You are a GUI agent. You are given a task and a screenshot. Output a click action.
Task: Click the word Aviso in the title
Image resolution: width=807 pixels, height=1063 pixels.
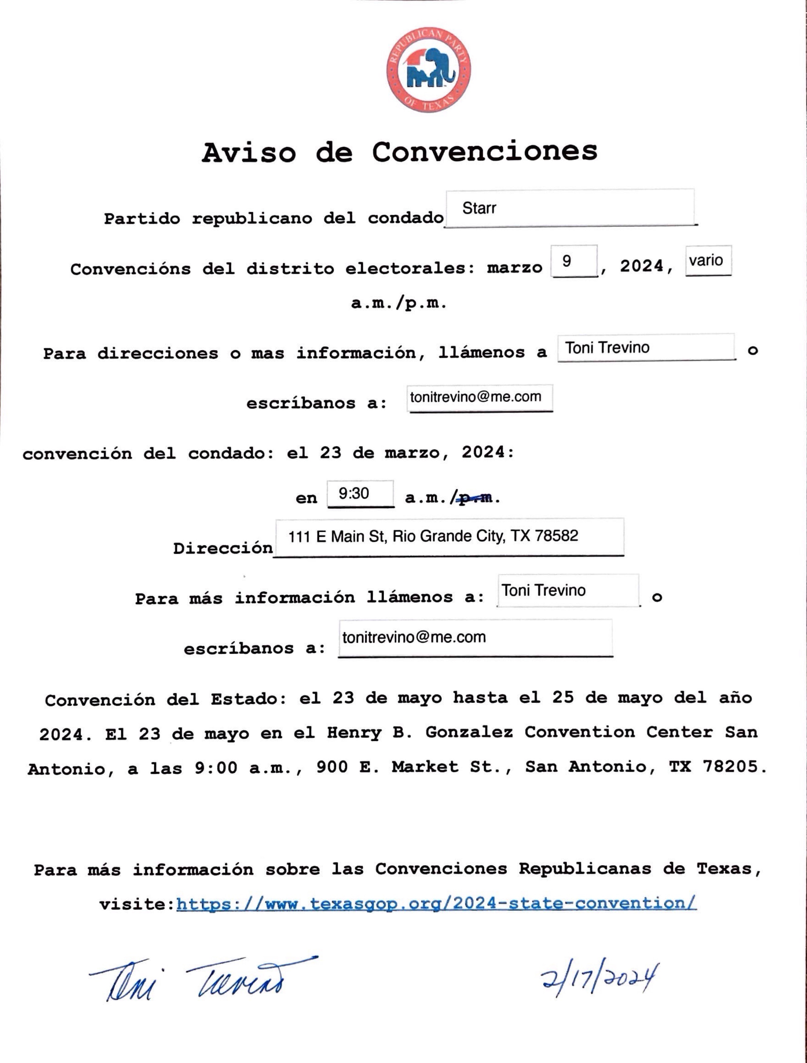click(x=248, y=153)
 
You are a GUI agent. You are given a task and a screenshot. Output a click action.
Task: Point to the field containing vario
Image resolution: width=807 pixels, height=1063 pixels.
click(x=708, y=261)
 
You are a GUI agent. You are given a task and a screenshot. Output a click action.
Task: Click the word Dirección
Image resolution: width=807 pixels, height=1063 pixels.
click(x=223, y=548)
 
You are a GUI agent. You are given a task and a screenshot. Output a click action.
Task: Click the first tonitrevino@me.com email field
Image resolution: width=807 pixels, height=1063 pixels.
click(x=479, y=397)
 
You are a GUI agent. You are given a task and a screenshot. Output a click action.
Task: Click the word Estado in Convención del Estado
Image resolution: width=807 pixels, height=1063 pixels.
click(x=244, y=699)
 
